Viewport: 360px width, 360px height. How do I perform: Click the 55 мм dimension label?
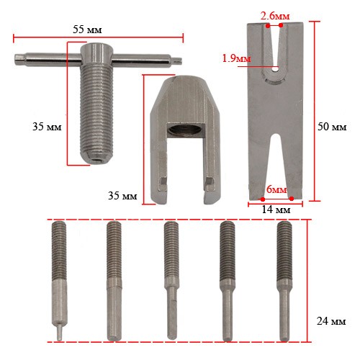tap(87, 30)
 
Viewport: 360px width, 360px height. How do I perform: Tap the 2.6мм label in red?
tap(275, 16)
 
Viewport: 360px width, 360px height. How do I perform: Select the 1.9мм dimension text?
tap(236, 58)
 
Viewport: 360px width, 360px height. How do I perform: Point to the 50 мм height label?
tap(332, 127)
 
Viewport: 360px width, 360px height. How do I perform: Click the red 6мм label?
tap(276, 189)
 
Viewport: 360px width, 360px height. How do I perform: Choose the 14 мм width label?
tap(276, 210)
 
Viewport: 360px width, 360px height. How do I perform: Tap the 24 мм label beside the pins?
tap(331, 321)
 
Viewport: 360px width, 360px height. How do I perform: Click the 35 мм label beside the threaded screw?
tap(47, 127)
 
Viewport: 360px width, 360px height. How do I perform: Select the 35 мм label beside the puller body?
tap(122, 196)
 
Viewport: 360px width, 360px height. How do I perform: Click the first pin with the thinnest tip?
tap(59, 281)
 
